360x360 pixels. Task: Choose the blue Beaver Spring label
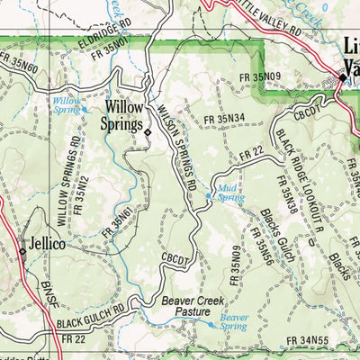(234, 323)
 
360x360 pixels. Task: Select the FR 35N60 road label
(20, 63)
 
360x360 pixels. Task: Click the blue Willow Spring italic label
(67, 106)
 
